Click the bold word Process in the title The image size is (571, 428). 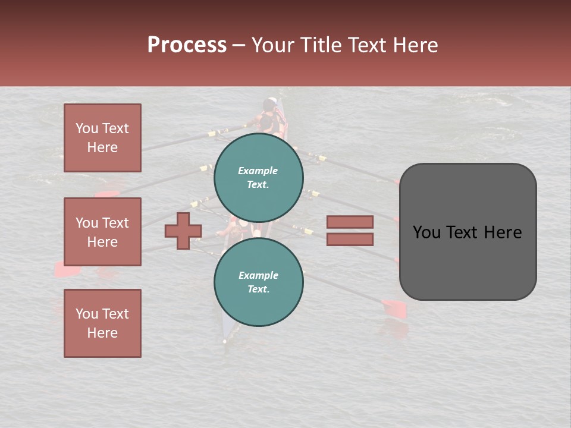tap(187, 45)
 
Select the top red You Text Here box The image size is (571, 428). tap(102, 138)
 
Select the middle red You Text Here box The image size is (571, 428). tap(102, 232)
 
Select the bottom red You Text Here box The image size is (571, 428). tap(102, 323)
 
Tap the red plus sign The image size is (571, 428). tap(183, 231)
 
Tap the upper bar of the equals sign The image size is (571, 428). tap(350, 222)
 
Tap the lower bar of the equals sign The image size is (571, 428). tap(350, 240)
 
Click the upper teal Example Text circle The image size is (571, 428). tap(259, 177)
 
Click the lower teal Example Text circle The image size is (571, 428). tap(259, 282)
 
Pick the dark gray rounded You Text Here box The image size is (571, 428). tap(468, 232)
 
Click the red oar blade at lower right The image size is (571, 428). tap(394, 308)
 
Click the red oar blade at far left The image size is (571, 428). tap(67, 270)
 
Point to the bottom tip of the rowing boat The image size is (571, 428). tap(225, 341)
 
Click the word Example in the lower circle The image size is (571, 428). tap(258, 275)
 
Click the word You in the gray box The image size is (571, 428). tap(426, 232)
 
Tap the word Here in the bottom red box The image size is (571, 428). tap(102, 333)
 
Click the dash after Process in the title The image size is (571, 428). tap(239, 45)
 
